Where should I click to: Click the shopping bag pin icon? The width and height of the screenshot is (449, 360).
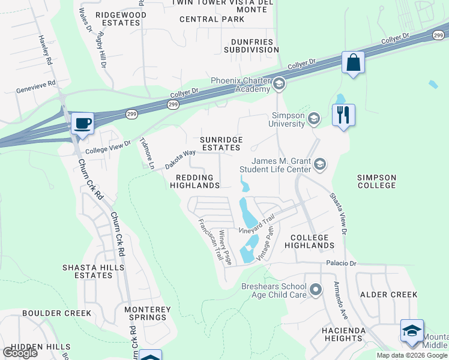354,63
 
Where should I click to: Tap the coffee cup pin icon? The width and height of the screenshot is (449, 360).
82,123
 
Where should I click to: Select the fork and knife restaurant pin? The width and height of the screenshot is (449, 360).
343,115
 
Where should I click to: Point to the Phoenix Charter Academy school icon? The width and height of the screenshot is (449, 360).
279,85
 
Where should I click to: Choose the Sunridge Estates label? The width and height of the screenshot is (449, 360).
221,143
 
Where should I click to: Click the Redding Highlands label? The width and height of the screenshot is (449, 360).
195,182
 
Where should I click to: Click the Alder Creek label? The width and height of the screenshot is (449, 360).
388,295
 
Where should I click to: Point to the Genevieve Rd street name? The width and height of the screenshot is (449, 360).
35,83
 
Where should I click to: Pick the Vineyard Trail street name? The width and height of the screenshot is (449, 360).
257,224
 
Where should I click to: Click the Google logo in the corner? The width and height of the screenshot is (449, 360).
20,353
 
